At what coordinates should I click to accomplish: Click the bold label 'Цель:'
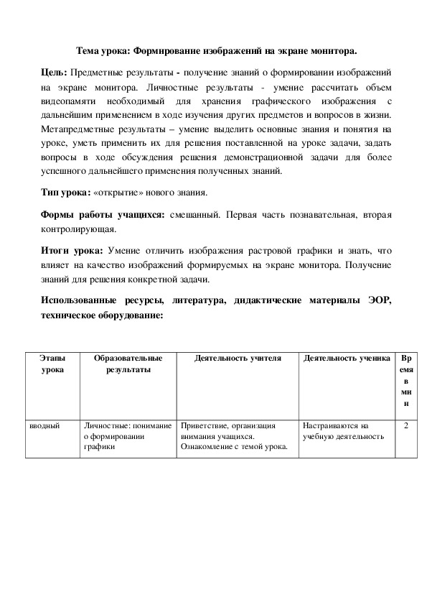54,73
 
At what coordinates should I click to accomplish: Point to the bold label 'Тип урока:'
65,194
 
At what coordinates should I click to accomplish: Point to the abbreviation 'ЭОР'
377,300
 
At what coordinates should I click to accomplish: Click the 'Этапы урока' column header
52,363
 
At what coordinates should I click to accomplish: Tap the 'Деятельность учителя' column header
238,357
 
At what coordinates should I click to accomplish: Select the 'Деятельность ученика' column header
347,357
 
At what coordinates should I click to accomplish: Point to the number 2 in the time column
407,425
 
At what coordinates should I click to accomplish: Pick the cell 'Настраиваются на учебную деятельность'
342,430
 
